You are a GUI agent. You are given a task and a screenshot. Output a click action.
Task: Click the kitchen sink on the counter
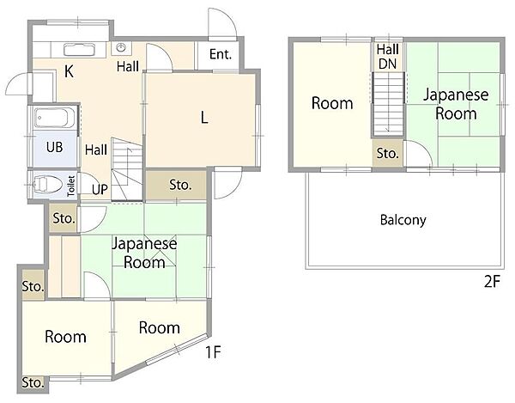coord(79,50)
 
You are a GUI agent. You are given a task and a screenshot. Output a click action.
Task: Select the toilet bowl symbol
coord(47,185)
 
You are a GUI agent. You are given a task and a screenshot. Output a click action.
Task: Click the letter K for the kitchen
coord(69,71)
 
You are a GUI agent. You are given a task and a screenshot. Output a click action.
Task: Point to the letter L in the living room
coord(204,118)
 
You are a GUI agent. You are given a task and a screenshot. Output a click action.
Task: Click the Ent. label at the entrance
coord(221,54)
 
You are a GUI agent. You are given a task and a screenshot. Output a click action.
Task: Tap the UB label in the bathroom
coord(55,147)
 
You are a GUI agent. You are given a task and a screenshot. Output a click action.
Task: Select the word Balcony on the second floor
coord(403,220)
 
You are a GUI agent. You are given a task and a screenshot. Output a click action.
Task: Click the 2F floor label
coord(492,282)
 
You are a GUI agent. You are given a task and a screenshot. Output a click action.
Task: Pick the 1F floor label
coord(213,352)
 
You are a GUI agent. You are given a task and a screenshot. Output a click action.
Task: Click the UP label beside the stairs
coord(100,190)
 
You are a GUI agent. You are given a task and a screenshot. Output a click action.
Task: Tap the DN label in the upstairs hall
coord(388,64)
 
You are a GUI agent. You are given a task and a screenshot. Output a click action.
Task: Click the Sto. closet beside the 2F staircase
coord(388,153)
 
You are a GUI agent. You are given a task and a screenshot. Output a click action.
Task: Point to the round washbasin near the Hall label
coord(121,48)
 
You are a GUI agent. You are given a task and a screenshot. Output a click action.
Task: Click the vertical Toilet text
coord(71,186)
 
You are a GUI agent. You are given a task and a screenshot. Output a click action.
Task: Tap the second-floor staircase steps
coord(388,104)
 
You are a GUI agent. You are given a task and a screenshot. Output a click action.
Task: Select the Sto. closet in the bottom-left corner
coord(33,383)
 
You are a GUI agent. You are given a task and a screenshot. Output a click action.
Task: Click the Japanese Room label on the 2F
coord(456,104)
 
